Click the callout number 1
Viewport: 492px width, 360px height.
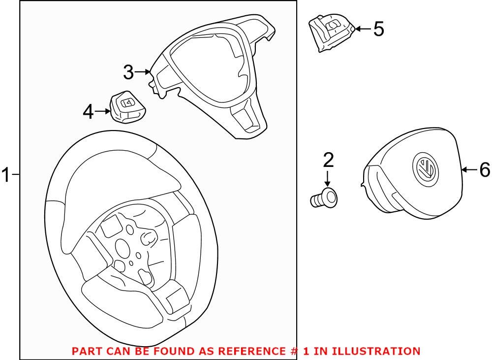click(6, 175)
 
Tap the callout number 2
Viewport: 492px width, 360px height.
click(328, 160)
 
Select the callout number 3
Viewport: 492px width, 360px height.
click(128, 72)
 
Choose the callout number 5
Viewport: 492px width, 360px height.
click(378, 29)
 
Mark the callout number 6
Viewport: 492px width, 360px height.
click(484, 170)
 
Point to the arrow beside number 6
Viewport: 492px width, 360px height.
click(469, 170)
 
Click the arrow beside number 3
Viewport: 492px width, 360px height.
click(144, 72)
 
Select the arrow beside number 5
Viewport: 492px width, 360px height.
click(363, 29)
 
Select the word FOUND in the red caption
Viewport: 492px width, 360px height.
click(170, 352)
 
